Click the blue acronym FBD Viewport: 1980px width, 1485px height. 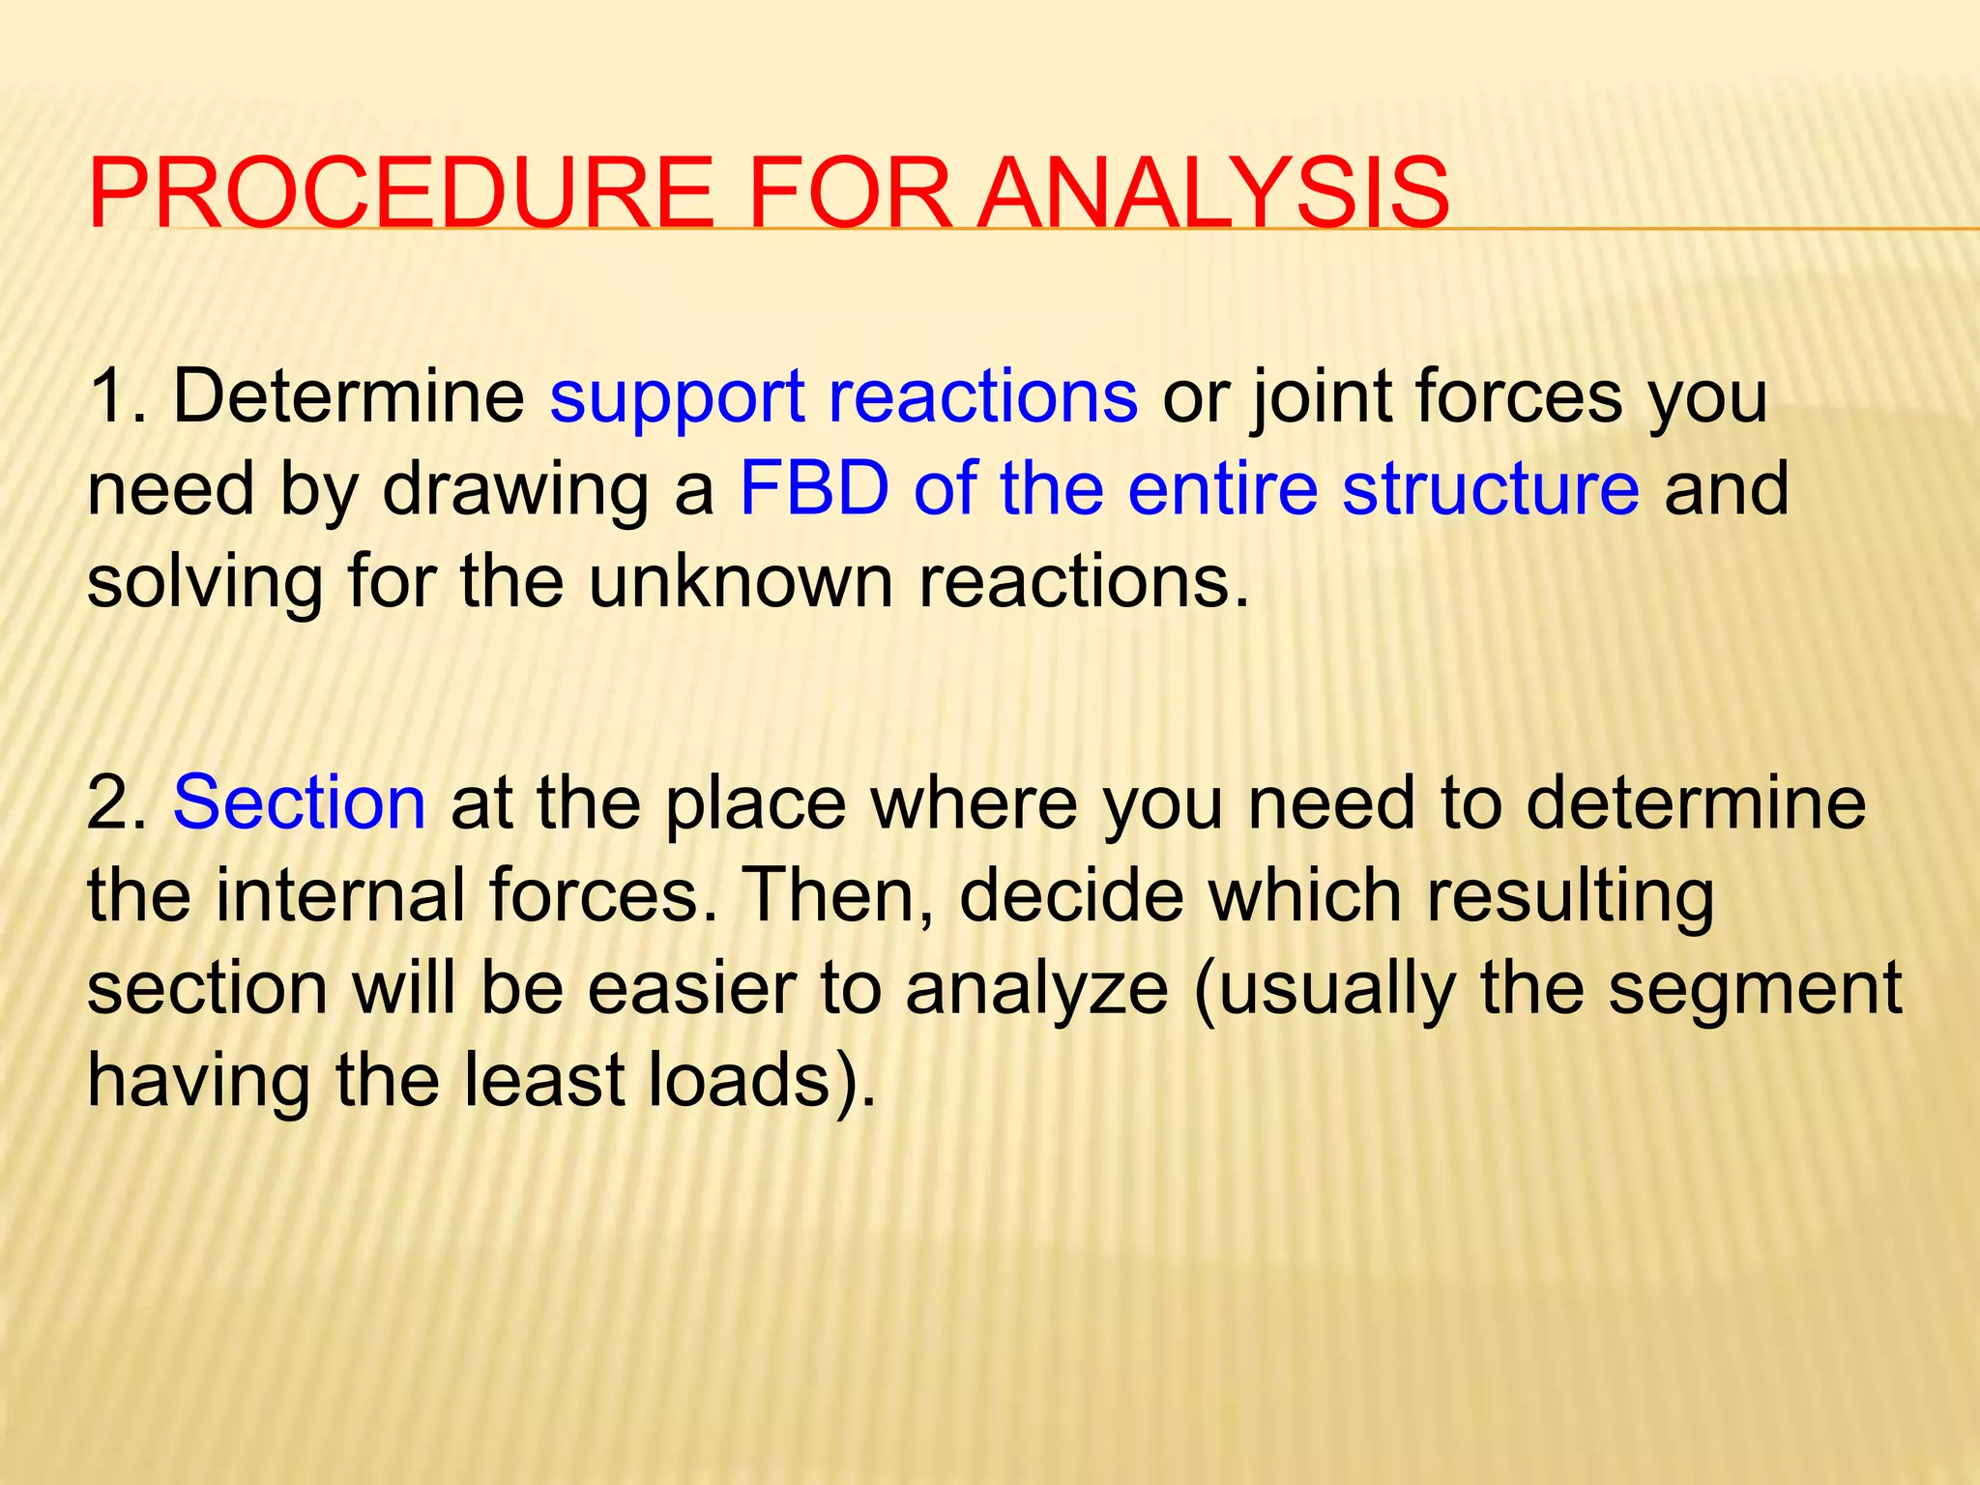(814, 488)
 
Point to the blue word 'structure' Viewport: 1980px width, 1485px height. (1490, 488)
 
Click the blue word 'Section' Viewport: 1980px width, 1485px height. (299, 803)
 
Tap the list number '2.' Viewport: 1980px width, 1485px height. (117, 803)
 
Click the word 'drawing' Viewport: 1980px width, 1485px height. (514, 490)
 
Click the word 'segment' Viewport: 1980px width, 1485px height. (1755, 989)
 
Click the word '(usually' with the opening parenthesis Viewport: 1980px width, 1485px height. (1325, 989)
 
